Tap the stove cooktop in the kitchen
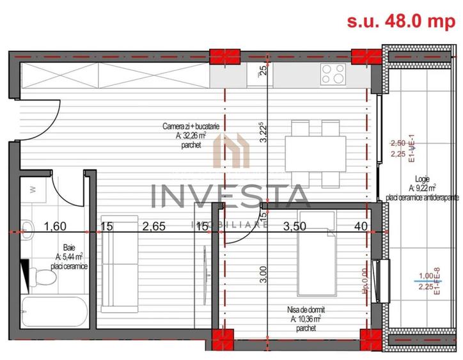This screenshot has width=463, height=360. pyautogui.click(x=333, y=75)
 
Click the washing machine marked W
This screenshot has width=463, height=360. pyautogui.click(x=34, y=191)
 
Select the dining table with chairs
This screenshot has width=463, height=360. pyautogui.click(x=313, y=151)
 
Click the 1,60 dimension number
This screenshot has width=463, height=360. pyautogui.click(x=56, y=226)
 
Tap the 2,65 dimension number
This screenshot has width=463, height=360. pyautogui.click(x=154, y=226)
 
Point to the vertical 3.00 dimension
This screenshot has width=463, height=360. pyautogui.click(x=263, y=274)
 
